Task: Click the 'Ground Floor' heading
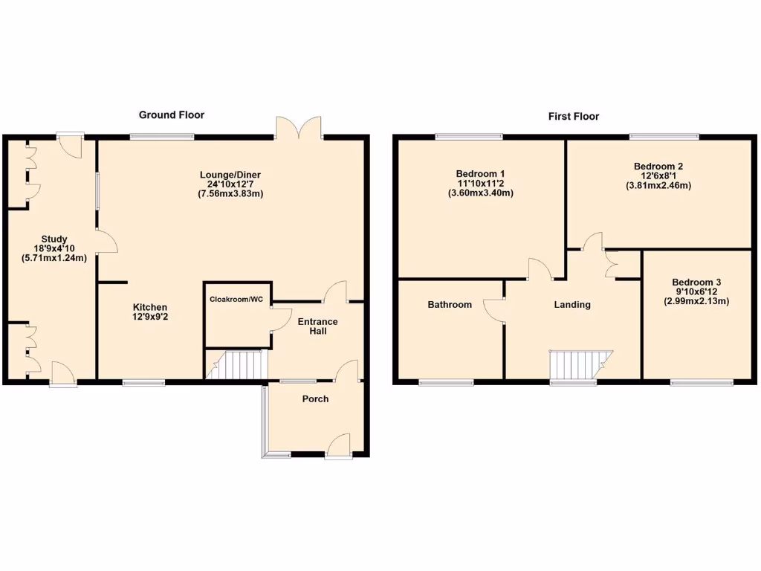tap(172, 114)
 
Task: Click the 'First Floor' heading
tap(574, 116)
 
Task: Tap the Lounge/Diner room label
tap(230, 175)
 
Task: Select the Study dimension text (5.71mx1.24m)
tap(54, 259)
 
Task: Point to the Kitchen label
tap(150, 307)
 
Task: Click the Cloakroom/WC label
tap(237, 300)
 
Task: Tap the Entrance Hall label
tap(317, 326)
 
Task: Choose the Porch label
tap(315, 399)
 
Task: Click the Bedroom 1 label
tap(481, 174)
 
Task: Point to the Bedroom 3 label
tap(696, 283)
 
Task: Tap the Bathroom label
tap(450, 304)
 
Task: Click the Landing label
tap(573, 304)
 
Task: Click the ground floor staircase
tap(236, 364)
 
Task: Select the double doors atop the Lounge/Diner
tap(299, 128)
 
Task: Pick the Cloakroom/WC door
tap(279, 318)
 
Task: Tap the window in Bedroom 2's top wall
tap(664, 136)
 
